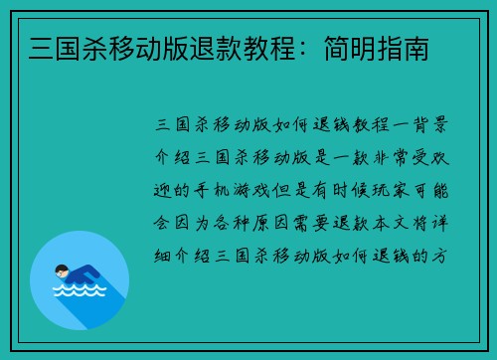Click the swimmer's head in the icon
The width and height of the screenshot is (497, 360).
[x=61, y=270]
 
